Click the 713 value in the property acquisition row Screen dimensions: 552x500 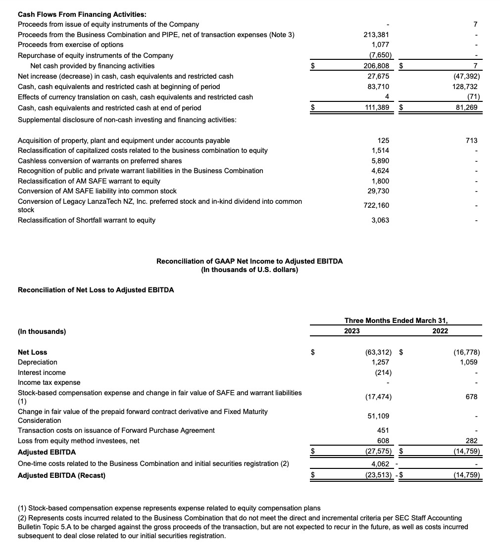(x=471, y=140)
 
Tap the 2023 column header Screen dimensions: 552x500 (x=352, y=331)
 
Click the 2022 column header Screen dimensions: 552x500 (x=440, y=331)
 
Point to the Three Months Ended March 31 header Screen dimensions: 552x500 (x=396, y=321)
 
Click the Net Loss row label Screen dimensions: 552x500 (x=32, y=352)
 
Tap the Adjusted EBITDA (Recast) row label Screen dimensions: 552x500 (x=61, y=475)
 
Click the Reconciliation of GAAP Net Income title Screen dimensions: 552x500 (x=250, y=261)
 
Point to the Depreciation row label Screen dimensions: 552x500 (x=37, y=362)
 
